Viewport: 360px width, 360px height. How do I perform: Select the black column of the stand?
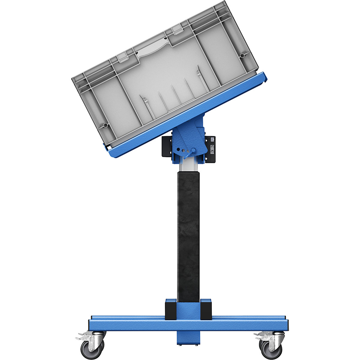[x=188, y=234]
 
